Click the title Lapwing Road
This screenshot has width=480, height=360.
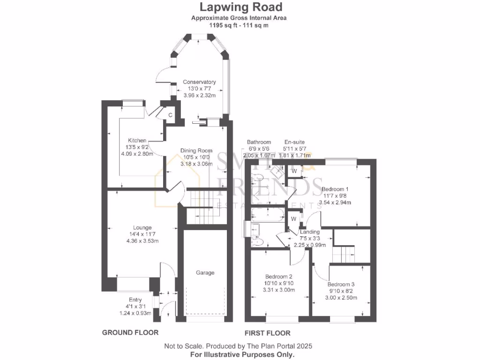click(241, 7)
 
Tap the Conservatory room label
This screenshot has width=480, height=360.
click(199, 82)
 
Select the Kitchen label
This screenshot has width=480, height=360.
click(137, 140)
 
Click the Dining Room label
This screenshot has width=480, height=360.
click(196, 150)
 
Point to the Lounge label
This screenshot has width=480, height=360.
click(142, 228)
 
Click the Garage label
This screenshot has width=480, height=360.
click(205, 272)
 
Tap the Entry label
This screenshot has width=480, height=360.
click(135, 300)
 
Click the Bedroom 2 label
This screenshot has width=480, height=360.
click(278, 276)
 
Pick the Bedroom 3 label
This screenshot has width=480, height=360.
click(341, 285)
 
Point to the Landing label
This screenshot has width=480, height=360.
click(309, 232)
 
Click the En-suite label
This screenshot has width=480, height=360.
click(294, 142)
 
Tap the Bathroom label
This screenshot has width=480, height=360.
click(259, 142)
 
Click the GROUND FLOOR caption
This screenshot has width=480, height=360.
click(130, 333)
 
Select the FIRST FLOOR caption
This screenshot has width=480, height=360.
click(267, 333)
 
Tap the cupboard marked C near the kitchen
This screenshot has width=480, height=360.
click(171, 115)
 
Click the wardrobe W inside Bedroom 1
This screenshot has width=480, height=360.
click(294, 171)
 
